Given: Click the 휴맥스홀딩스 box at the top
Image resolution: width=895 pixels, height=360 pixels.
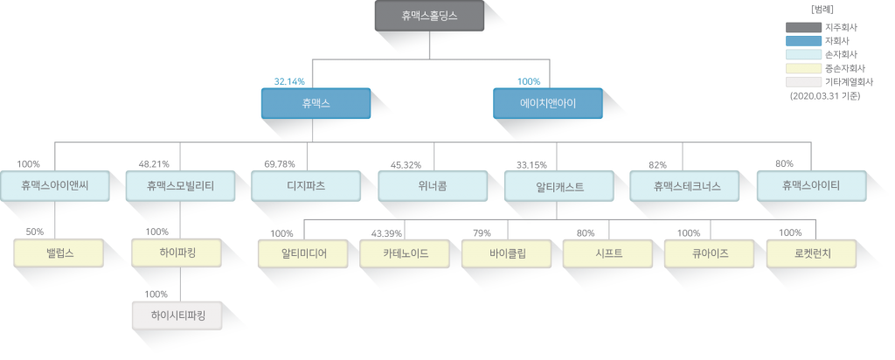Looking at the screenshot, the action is [x=429, y=16].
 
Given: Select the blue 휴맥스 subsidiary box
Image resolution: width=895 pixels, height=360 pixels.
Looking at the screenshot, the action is [x=316, y=103].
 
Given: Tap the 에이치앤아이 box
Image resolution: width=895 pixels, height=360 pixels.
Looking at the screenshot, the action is [x=547, y=103].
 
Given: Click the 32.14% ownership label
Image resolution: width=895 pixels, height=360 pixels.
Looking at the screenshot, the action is [x=289, y=81].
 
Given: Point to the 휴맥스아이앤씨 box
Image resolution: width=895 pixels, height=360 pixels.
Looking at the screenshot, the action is [x=54, y=185].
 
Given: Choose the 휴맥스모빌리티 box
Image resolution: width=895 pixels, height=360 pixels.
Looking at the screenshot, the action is [x=180, y=185].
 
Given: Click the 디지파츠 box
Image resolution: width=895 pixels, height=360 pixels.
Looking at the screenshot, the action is [x=306, y=185].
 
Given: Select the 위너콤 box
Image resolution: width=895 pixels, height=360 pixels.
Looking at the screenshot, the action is [x=433, y=185].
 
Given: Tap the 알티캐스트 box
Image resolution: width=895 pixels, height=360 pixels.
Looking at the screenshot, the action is [x=559, y=185].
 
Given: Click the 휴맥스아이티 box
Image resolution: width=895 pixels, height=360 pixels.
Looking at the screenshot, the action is [x=811, y=185].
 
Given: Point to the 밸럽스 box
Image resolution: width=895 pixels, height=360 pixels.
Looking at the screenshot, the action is [x=59, y=253].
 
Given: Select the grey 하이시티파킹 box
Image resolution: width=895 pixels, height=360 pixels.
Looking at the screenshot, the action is [x=177, y=315].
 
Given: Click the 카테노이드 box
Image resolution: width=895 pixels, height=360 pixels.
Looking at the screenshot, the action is [x=405, y=253].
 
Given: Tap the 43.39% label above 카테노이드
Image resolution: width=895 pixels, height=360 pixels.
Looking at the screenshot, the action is [x=386, y=233].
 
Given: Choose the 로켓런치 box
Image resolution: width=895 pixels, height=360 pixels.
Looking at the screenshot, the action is [x=811, y=253].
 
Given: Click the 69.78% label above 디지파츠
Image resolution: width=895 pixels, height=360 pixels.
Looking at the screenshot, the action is [x=280, y=164].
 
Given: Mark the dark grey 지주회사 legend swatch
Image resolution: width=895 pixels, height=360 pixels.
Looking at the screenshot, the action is [x=803, y=27].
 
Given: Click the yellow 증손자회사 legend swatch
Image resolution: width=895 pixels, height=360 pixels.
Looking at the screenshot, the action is [x=803, y=68].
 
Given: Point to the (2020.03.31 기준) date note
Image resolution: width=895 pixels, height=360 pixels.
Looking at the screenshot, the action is [x=825, y=96].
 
